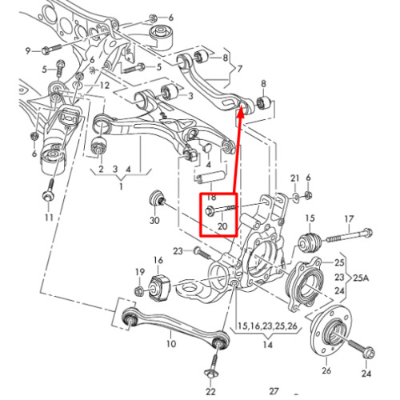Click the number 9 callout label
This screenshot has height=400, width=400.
28,50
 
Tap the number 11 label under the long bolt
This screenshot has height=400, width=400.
49,218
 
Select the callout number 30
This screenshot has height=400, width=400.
154,220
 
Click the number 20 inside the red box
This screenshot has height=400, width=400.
222,226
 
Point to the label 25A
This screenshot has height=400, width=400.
361,278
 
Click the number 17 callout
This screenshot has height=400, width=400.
349,219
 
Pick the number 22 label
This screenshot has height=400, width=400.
210,392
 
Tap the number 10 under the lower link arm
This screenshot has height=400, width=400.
171,343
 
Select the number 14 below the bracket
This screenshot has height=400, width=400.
268,345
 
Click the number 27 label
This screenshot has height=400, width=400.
274,391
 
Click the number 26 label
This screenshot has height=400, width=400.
326,370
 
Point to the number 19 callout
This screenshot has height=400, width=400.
140,272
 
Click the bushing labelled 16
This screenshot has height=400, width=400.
158,287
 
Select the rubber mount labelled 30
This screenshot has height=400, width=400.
158,198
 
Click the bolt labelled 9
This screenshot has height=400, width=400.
52,49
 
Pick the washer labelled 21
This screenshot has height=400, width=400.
295,198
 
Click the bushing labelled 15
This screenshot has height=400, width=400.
310,242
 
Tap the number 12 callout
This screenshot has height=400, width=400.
104,86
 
